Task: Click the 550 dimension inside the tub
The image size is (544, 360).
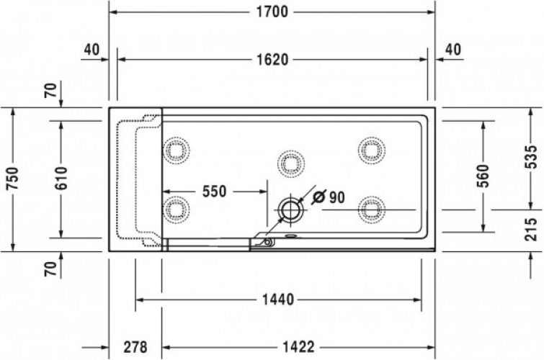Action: tap(214, 192)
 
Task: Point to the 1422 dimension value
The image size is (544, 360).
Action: tap(297, 347)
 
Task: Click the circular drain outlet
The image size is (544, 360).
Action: tap(290, 210)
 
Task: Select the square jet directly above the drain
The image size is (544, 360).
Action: tap(290, 163)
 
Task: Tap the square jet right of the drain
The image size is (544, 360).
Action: tap(371, 210)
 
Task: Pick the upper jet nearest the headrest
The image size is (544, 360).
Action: tap(177, 150)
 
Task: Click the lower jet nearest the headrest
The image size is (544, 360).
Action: tap(177, 210)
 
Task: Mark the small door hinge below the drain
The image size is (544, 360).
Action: tap(267, 243)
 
